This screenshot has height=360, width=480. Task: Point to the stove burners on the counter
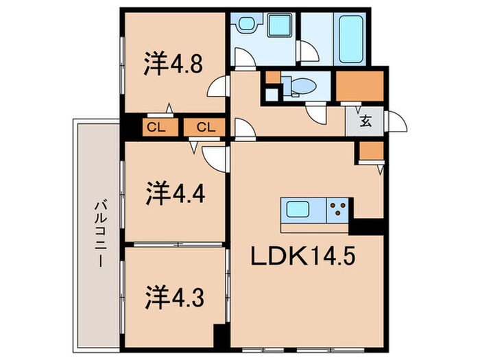pos(337,208)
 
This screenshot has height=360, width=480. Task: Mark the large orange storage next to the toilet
pos(359,86)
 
